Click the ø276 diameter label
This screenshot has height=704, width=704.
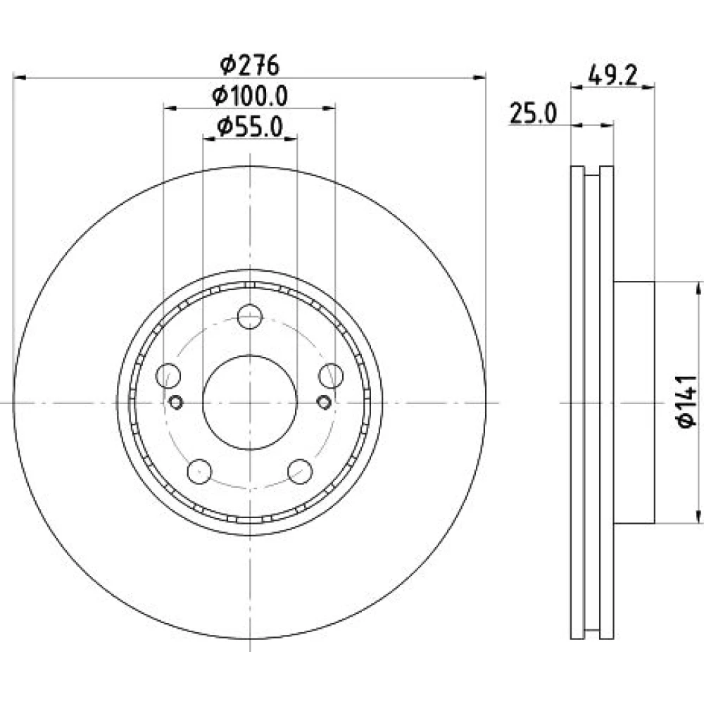click(250, 65)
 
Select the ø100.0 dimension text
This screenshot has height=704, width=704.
click(250, 96)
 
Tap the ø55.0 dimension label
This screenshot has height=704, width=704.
click(250, 127)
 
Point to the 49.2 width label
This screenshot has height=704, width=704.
click(612, 75)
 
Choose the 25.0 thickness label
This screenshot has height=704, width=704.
click(534, 113)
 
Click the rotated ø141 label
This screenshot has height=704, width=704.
click(687, 402)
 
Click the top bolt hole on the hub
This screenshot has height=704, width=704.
click(250, 317)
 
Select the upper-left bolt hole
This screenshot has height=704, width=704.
click(168, 376)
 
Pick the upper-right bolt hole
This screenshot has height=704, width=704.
click(331, 376)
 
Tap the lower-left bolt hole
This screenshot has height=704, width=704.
click(199, 472)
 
